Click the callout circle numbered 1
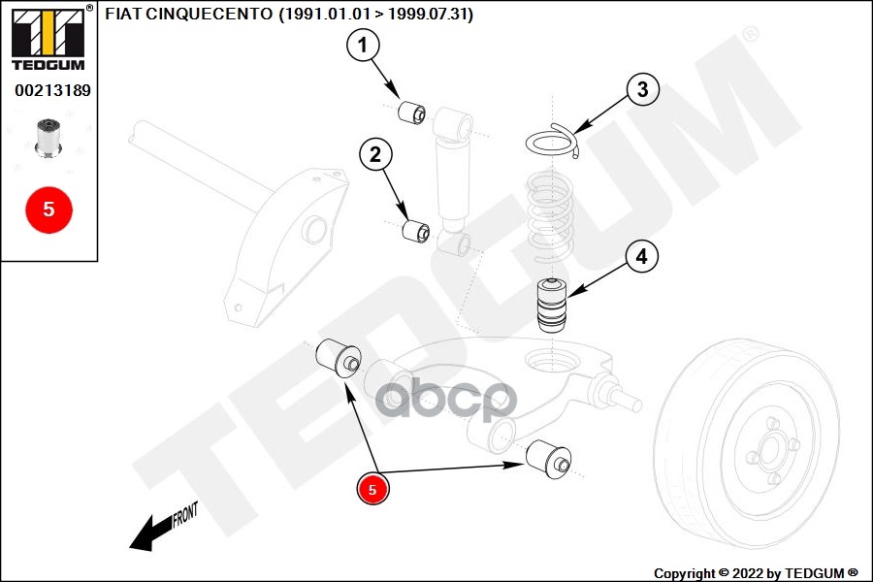point(363,45)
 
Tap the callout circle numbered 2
point(375,153)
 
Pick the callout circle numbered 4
point(641,257)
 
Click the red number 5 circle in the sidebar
point(48,209)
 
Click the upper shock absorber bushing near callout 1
point(414,112)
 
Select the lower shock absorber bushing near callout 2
point(416,232)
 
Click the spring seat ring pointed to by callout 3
point(551,141)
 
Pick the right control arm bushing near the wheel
point(550,457)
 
